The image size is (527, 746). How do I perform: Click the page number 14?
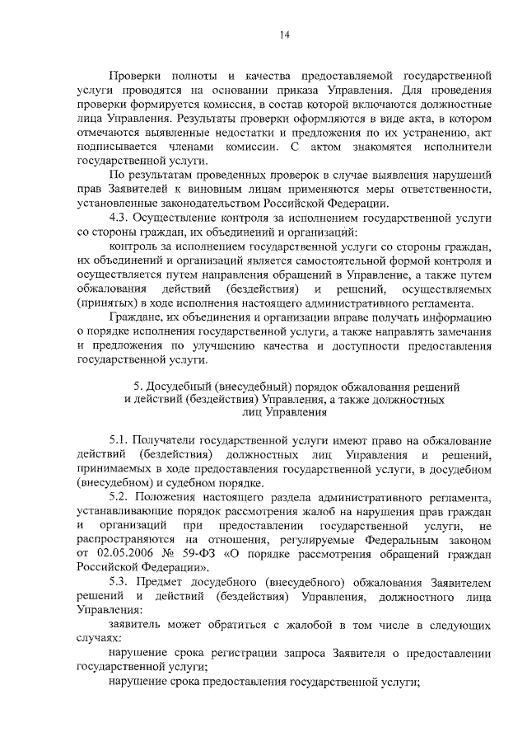click(x=283, y=34)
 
